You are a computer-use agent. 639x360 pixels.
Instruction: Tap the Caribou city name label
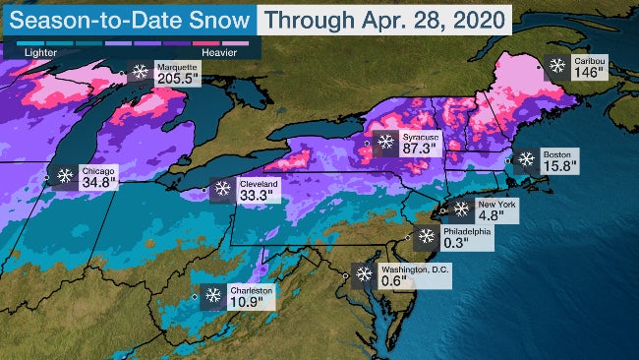coord(590,61)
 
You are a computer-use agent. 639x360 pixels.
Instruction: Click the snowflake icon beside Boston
coord(526,158)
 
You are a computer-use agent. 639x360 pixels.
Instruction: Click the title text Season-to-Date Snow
coord(130,18)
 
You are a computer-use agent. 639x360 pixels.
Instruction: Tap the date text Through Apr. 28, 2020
coord(386,18)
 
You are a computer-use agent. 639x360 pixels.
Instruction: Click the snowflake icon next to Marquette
coord(141,71)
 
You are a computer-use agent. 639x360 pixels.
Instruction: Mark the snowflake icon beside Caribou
coord(557,66)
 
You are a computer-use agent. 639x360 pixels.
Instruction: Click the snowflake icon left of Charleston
coord(212,294)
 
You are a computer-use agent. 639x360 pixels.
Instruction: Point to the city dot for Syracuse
coord(367,144)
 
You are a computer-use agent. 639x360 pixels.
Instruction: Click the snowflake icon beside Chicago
coord(65,176)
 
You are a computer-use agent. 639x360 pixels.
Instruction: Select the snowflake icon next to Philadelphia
coord(426,236)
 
